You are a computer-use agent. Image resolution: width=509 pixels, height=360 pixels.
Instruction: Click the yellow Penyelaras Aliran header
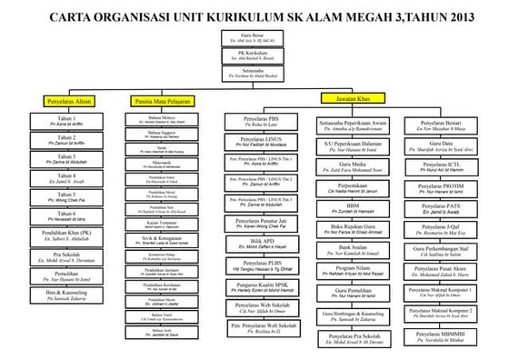click(65, 102)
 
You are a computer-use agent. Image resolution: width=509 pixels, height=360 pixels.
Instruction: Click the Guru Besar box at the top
click(252, 37)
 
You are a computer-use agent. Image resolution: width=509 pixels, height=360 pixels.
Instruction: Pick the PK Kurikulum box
click(252, 56)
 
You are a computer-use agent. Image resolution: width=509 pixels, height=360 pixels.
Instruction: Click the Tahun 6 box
click(66, 217)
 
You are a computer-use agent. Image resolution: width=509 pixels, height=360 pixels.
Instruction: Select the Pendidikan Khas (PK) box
click(66, 236)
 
